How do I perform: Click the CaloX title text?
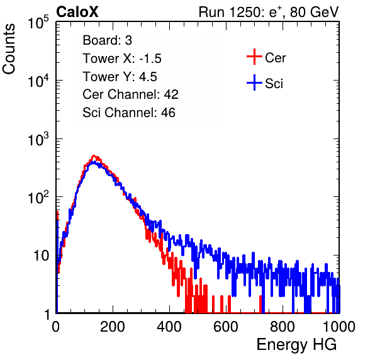point(77,12)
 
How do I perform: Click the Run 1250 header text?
point(269,12)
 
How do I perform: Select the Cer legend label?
point(275,58)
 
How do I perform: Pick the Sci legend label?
point(274,84)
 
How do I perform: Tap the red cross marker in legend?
point(254,57)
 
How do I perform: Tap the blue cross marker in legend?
point(254,82)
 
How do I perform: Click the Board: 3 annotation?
point(107,40)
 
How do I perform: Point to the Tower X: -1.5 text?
point(122,59)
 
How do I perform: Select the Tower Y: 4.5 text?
point(120,77)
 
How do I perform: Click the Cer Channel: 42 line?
point(131,94)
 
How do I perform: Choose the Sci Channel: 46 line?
point(129,113)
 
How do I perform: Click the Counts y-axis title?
point(9,49)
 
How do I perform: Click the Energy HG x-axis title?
point(296,345)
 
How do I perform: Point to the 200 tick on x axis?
point(113,327)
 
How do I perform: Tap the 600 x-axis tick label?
point(226,327)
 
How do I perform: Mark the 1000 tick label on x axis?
point(339,327)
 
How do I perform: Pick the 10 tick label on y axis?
point(41,256)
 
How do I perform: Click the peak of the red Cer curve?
point(94,155)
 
